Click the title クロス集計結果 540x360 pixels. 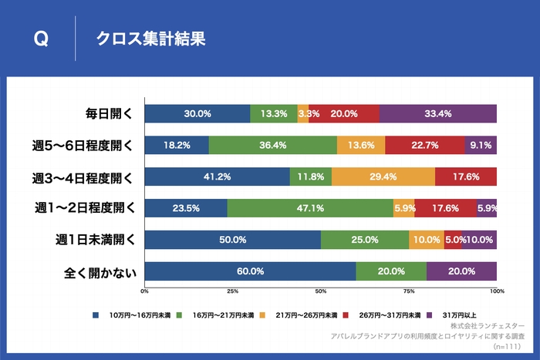click(x=150, y=39)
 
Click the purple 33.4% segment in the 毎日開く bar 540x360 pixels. click(x=437, y=113)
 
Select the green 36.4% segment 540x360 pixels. click(x=272, y=145)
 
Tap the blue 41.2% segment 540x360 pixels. click(x=217, y=177)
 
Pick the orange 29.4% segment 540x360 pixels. click(x=383, y=177)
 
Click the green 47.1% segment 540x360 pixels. click(x=310, y=208)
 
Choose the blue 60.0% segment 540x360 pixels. click(x=250, y=271)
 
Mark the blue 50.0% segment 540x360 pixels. click(x=232, y=240)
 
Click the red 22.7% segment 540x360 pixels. click(x=424, y=145)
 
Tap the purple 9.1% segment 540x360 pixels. click(x=480, y=145)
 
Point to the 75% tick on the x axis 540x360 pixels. click(x=408, y=291)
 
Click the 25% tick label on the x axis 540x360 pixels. click(x=232, y=291)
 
